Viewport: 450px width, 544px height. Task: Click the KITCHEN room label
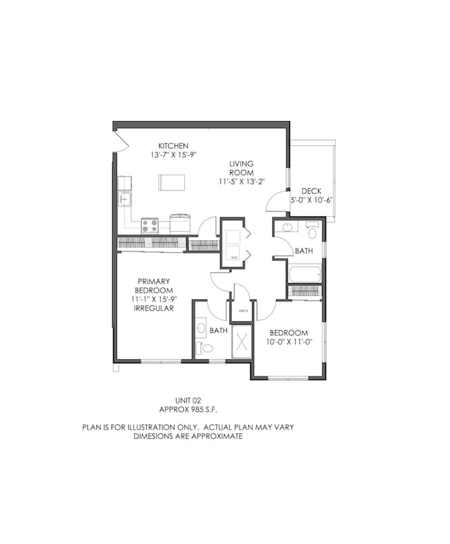(x=173, y=146)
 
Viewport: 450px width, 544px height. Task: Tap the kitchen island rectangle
(x=172, y=182)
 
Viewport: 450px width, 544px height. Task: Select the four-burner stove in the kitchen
(x=150, y=225)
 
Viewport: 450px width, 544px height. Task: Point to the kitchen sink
(x=125, y=199)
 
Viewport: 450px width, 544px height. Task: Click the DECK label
(x=310, y=192)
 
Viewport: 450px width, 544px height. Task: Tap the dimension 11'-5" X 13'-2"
(x=242, y=181)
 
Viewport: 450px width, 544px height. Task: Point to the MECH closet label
(x=243, y=311)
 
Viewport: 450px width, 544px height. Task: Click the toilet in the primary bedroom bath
(x=204, y=348)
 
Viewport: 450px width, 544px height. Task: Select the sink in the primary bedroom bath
(x=200, y=327)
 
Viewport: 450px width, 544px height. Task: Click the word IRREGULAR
(x=154, y=308)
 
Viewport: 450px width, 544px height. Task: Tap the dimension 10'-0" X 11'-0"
(x=293, y=341)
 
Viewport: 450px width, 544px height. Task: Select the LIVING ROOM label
(x=242, y=168)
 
